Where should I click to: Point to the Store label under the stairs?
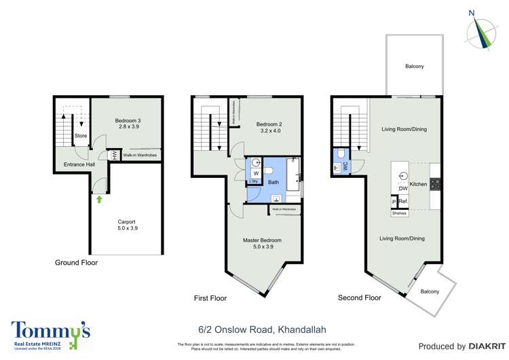click(x=81, y=136)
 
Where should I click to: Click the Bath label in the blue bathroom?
click(x=274, y=182)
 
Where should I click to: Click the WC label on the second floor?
click(x=345, y=165)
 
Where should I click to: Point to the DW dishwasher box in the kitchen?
click(x=402, y=189)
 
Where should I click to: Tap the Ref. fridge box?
click(x=402, y=201)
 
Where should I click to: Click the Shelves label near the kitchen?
click(x=399, y=213)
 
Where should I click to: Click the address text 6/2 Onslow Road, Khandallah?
click(x=254, y=327)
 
